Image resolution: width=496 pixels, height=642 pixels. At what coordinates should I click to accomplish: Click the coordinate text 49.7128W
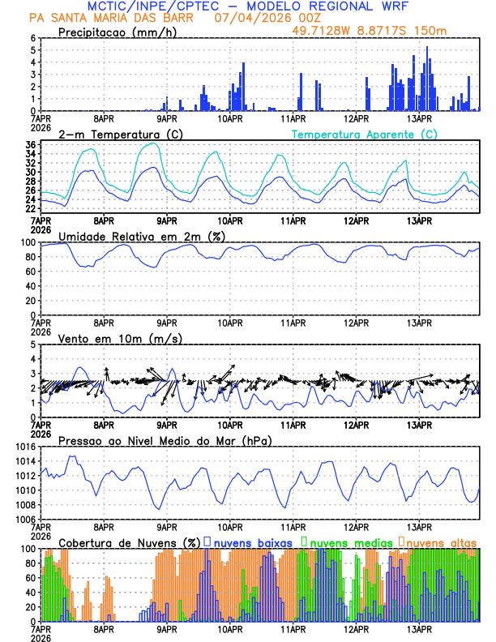322,31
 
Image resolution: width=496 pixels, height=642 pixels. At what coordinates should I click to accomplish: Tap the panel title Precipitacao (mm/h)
116,32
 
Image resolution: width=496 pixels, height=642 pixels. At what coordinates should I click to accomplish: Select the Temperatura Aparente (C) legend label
365,134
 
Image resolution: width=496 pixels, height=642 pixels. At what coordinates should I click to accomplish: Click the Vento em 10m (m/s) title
120,338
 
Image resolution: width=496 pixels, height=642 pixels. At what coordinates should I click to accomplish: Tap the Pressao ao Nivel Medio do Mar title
165,440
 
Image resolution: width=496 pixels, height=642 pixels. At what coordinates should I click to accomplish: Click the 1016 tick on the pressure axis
26,447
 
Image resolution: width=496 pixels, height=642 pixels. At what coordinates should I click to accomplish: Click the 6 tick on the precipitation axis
33,38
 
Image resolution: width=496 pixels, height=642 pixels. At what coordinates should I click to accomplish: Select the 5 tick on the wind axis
33,345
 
